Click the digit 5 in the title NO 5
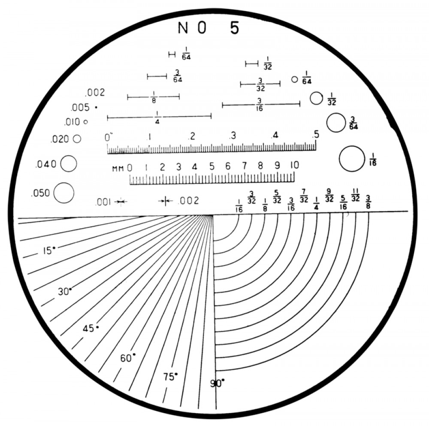pos(235,27)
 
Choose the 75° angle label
pos(170,377)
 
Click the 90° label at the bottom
pos(217,383)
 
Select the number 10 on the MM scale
pos(294,165)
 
